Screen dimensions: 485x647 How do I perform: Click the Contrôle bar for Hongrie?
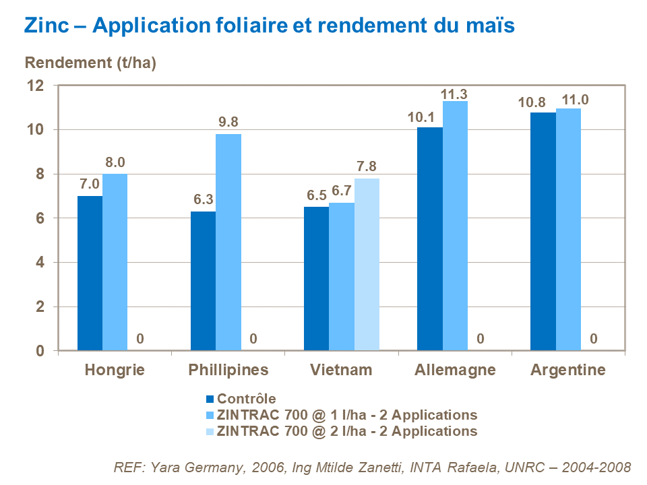[x=90, y=273]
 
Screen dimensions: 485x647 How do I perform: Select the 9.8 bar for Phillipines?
[x=228, y=242]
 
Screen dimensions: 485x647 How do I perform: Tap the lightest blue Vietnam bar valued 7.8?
[x=367, y=264]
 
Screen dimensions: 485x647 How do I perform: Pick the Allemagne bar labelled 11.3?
[x=455, y=226]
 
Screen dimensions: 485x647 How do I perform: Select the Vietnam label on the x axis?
[x=341, y=370]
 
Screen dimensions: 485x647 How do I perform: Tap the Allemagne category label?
[x=455, y=370]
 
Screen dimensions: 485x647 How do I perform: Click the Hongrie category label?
[x=115, y=370]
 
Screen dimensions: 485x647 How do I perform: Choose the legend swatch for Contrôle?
[x=209, y=399]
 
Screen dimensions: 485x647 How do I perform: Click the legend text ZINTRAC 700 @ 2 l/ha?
[x=347, y=431]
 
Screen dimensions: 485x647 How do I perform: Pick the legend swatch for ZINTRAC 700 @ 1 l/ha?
[x=209, y=415]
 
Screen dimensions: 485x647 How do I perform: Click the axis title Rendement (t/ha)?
[x=90, y=63]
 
